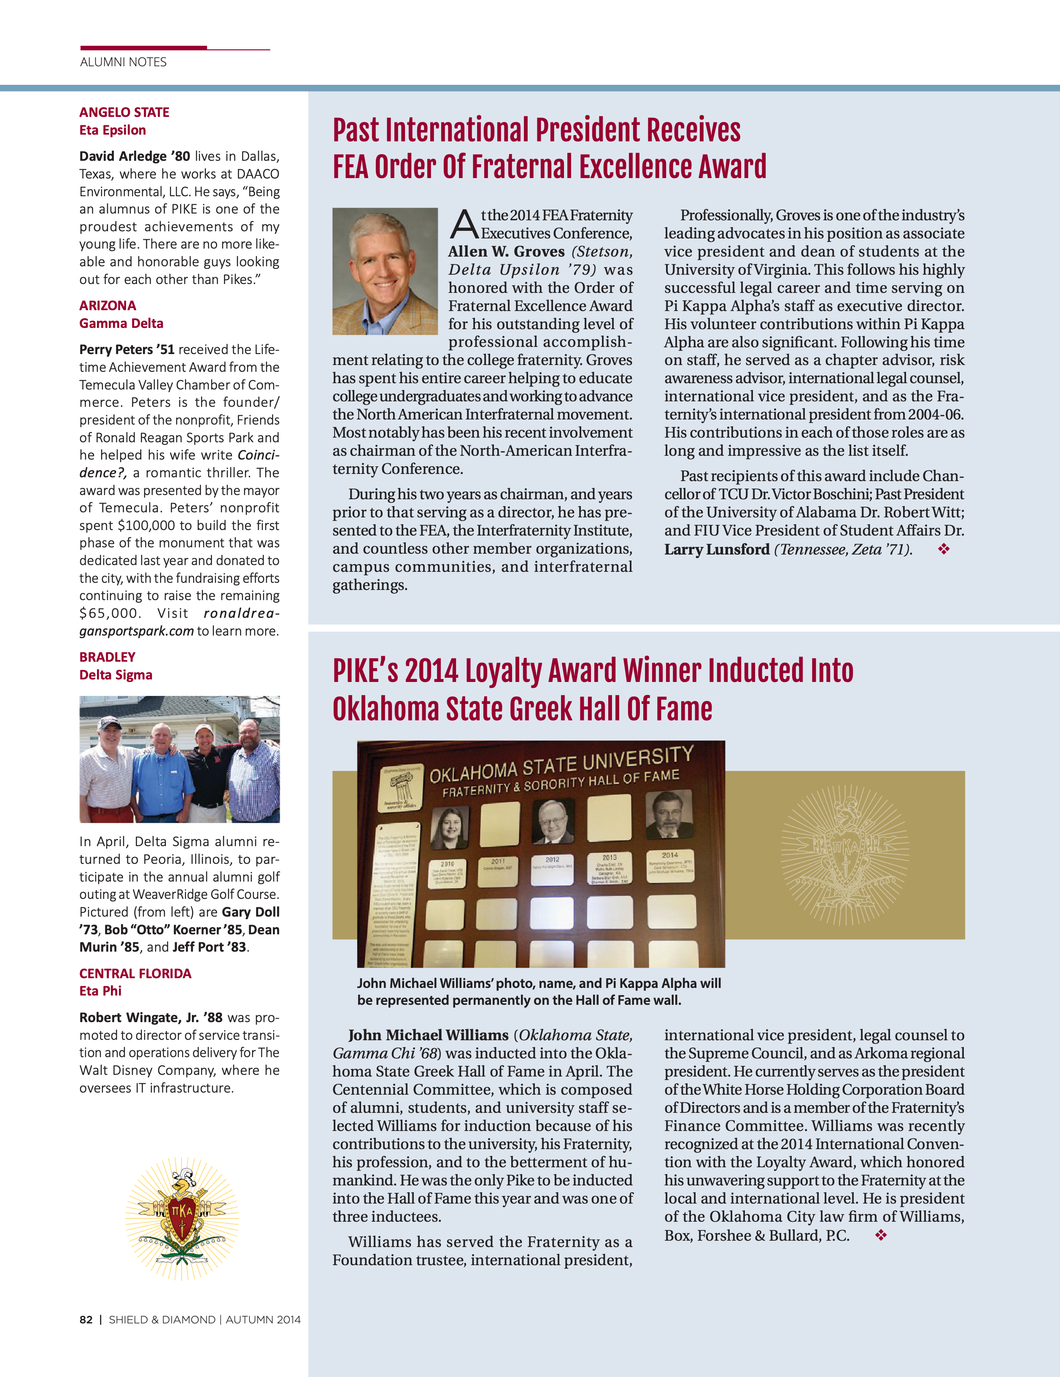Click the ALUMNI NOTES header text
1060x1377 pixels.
tap(124, 62)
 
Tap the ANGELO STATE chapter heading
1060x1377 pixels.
tap(124, 112)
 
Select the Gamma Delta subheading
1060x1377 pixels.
tap(121, 323)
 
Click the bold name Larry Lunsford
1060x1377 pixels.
tap(717, 549)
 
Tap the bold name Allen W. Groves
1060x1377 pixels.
tap(506, 252)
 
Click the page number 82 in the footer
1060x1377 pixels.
tap(86, 1320)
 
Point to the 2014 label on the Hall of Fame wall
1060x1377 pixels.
tap(669, 855)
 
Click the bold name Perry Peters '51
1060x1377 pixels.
tap(127, 349)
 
